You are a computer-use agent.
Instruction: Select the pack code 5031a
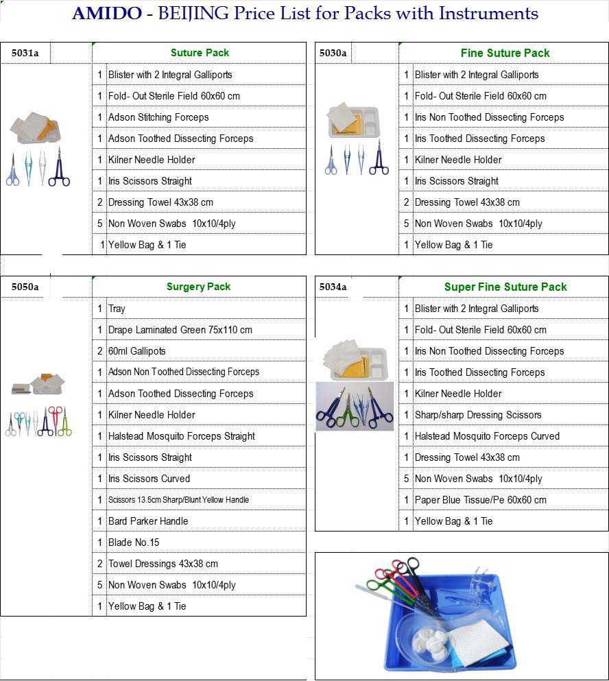[25, 53]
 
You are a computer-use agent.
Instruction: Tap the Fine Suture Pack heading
[505, 53]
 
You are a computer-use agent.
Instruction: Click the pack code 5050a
[25, 287]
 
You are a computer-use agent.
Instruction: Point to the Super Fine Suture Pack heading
[505, 287]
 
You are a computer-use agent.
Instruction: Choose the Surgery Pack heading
[198, 287]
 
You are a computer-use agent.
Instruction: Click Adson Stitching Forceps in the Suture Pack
[158, 117]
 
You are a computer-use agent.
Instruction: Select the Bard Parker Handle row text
[147, 521]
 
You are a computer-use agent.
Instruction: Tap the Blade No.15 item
[133, 542]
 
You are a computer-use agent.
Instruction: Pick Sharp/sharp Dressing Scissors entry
[477, 415]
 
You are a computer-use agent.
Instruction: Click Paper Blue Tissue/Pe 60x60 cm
[480, 500]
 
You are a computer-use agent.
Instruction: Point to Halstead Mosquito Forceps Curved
[487, 436]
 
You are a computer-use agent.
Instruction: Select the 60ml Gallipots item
[136, 351]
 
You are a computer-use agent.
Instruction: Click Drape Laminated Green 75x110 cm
[180, 330]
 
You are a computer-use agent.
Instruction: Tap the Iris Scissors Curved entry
[149, 479]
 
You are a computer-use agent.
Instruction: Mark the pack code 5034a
[333, 287]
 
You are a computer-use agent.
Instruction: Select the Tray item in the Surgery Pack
[117, 309]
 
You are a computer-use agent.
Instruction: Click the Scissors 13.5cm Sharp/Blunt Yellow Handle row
[178, 500]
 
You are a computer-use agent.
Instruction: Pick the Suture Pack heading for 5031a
[200, 53]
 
